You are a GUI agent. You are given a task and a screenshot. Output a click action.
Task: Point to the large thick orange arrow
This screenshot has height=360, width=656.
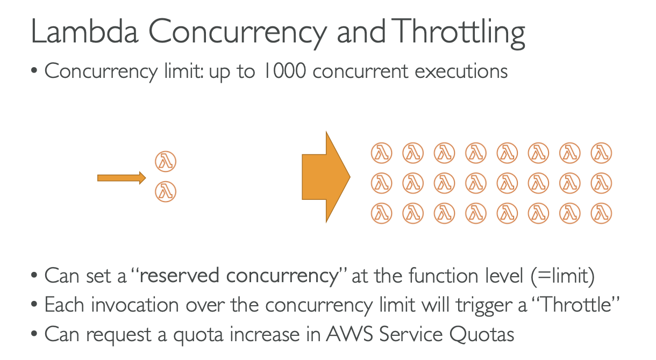tap(326, 176)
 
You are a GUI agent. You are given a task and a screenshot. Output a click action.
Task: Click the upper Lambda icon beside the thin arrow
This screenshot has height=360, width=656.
tap(166, 161)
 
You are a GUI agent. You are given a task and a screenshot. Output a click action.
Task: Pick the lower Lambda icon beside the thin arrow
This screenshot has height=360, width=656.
tap(166, 191)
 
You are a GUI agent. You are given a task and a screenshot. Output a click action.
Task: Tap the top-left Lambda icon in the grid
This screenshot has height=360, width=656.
tap(381, 154)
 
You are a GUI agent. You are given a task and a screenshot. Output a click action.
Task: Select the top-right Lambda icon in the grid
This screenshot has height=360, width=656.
tap(602, 154)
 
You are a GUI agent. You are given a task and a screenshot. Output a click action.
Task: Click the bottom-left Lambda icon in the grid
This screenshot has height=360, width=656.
tap(381, 214)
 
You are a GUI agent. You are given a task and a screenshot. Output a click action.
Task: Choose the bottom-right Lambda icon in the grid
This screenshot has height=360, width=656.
tap(602, 214)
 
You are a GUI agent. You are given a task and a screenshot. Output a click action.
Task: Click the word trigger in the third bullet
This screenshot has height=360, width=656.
tap(490, 306)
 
